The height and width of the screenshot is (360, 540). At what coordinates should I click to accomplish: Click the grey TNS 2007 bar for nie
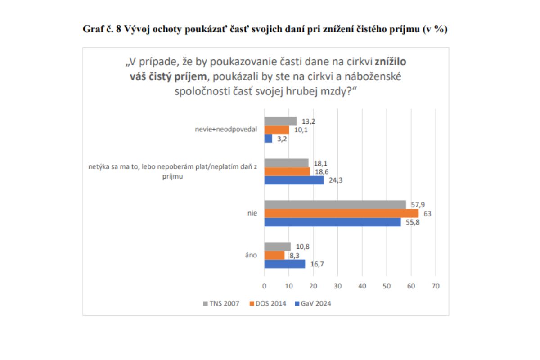coord(335,204)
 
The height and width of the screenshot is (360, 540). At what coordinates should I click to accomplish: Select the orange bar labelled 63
coord(341,213)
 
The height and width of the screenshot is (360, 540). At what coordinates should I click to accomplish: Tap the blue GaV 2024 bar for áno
coord(284,264)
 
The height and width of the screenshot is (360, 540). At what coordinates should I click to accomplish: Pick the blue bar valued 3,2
coord(268,139)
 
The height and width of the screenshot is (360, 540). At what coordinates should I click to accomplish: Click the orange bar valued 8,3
coord(274,255)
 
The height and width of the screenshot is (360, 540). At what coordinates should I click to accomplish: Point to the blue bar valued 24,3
coord(294,180)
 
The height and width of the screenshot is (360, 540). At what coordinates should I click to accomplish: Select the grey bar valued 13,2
coord(280,121)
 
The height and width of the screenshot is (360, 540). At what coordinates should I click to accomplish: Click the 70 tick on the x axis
coord(435,286)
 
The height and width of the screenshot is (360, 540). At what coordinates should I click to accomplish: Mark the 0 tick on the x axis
coord(264,286)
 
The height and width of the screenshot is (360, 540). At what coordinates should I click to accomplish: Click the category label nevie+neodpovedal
coord(229,130)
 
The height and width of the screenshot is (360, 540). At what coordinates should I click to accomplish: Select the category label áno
coord(251,255)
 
